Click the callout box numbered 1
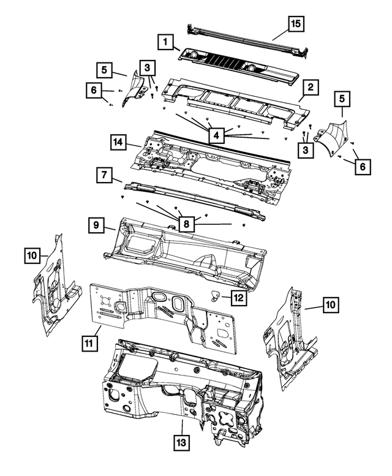164,42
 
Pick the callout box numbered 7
105,176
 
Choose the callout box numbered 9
97,225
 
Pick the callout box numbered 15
296,25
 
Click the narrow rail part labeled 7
196,197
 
